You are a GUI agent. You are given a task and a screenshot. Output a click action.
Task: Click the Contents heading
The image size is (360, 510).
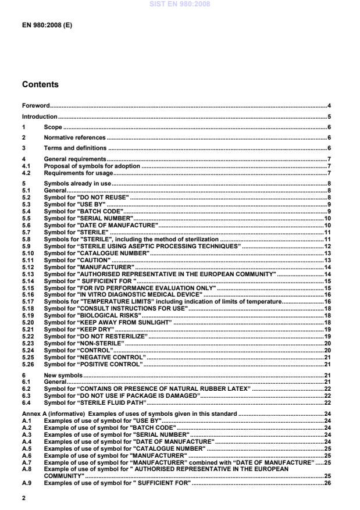[x=40, y=84]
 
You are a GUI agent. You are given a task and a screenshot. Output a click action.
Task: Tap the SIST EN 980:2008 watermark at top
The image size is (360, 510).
[x=180, y=4]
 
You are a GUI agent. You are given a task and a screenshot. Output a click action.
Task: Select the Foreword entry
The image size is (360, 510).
[x=35, y=106]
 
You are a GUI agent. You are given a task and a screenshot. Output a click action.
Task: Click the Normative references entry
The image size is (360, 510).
[x=74, y=138]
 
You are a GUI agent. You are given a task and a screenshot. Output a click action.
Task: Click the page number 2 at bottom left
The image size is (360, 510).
[x=24, y=498]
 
